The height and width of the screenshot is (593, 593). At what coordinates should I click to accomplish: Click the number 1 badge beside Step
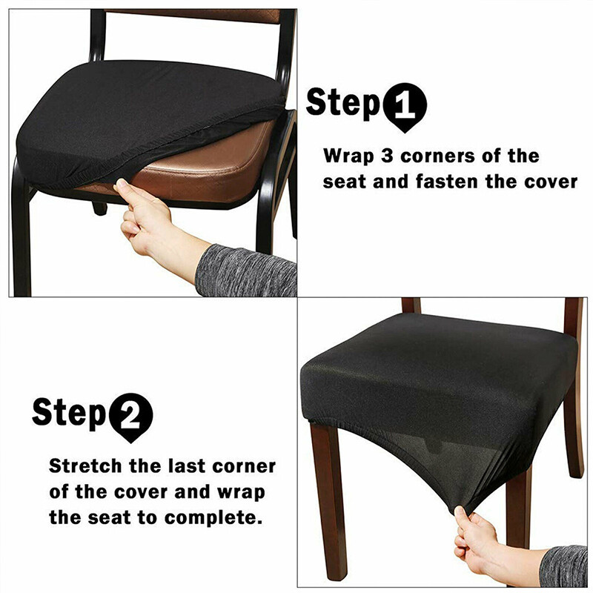click(x=405, y=105)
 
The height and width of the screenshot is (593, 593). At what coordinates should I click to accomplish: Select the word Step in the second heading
click(x=69, y=411)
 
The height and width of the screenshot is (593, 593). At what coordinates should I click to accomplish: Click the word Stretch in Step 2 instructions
click(x=84, y=467)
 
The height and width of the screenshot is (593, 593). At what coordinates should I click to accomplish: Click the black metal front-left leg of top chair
click(x=21, y=237)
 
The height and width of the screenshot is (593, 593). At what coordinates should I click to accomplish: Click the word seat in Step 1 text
click(x=345, y=182)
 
